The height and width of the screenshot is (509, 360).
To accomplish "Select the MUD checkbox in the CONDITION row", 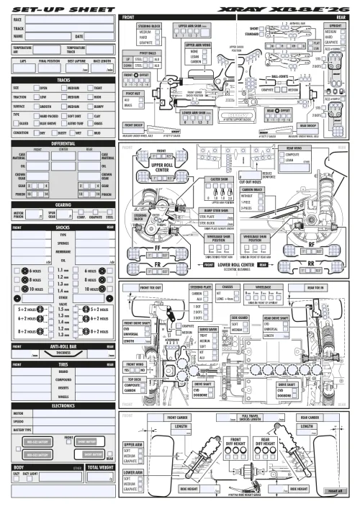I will (91, 132).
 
